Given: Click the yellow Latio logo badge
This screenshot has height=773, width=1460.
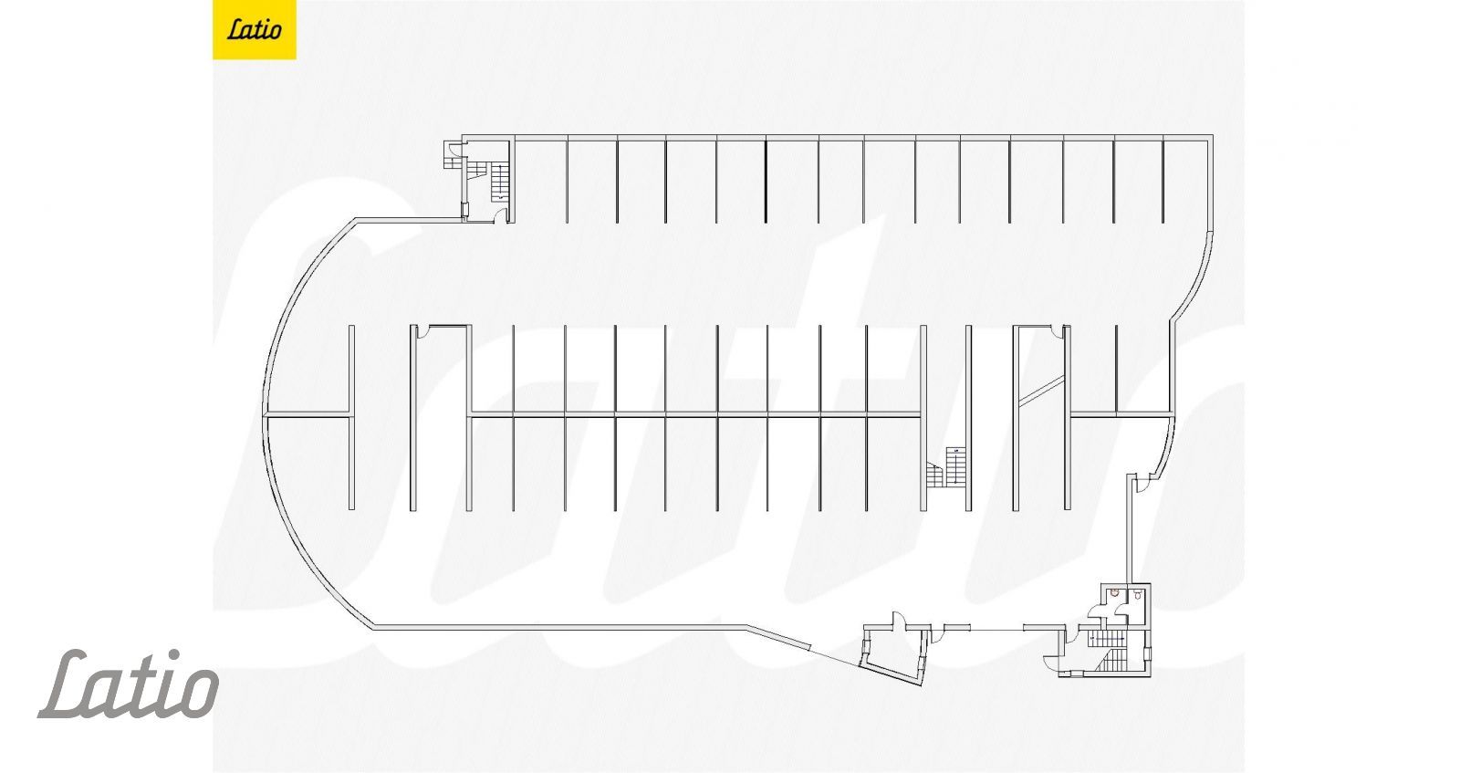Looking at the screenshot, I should pyautogui.click(x=254, y=29).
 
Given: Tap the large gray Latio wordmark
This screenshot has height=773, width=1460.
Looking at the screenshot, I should pyautogui.click(x=128, y=684).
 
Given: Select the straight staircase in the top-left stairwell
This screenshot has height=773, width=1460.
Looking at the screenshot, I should pyautogui.click(x=499, y=180).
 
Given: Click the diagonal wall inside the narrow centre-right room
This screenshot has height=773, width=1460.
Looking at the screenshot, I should pyautogui.click(x=1041, y=390).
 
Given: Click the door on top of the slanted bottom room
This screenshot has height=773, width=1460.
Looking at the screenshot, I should pyautogui.click(x=897, y=622).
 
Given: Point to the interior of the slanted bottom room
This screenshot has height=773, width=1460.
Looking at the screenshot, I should pyautogui.click(x=892, y=651).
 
